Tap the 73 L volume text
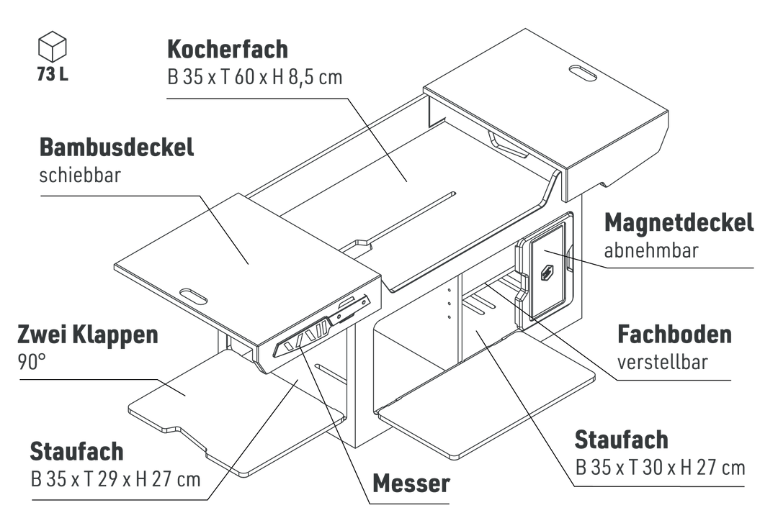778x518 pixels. (52, 74)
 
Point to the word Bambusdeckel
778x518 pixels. (117, 148)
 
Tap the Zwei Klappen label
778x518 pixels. (86, 336)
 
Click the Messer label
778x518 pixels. (411, 483)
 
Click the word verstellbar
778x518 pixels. (663, 362)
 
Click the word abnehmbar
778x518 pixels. (650, 251)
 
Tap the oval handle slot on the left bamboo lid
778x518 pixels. (190, 295)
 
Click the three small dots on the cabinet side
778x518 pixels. (448, 302)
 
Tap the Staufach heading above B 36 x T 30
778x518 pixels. (622, 440)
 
